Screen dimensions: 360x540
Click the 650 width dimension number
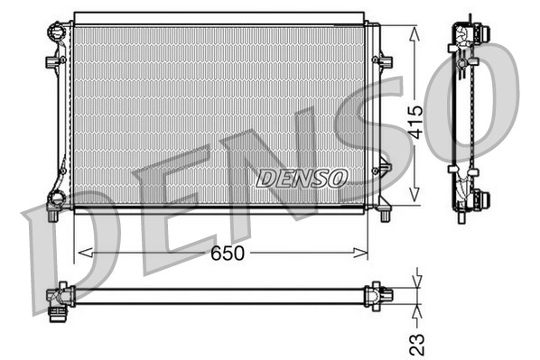228,254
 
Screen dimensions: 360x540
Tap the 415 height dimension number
415,121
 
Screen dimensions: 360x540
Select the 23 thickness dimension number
417,345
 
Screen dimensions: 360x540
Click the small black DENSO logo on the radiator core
301,178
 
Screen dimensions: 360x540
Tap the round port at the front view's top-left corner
57,32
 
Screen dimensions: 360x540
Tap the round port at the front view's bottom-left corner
56,200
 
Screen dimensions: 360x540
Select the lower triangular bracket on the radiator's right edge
384,168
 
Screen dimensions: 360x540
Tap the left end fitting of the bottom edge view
60,297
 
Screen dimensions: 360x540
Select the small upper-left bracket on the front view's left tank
51,61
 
